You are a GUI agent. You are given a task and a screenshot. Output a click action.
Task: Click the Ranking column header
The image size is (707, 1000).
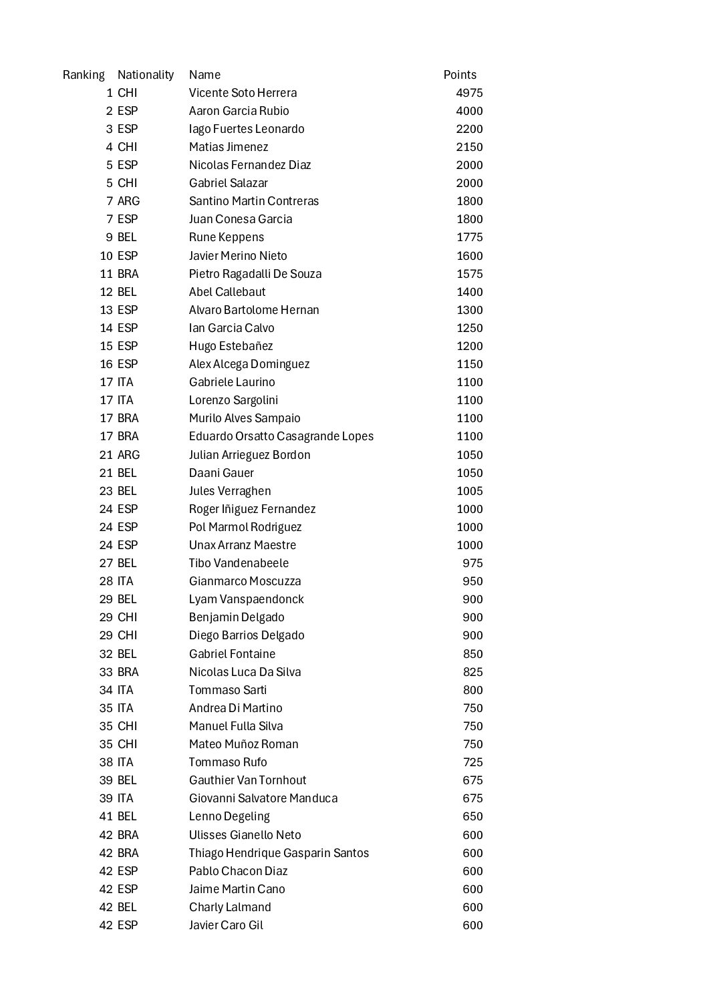tap(84, 75)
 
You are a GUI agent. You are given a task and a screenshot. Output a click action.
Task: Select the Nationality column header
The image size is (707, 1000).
tap(146, 75)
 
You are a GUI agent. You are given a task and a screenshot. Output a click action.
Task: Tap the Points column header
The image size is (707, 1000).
tap(460, 75)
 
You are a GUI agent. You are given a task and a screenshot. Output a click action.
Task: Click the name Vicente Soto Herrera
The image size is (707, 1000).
tap(243, 93)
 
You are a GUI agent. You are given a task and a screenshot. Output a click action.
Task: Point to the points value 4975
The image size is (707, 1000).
tap(469, 93)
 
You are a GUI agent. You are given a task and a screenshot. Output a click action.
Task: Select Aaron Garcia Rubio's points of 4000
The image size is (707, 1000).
tap(469, 111)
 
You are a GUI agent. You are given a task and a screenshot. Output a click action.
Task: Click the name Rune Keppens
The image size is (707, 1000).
tap(227, 237)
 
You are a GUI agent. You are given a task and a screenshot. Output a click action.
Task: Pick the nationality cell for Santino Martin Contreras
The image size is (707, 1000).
tap(128, 201)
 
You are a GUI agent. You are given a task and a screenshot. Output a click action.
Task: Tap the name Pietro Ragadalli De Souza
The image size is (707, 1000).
tap(255, 274)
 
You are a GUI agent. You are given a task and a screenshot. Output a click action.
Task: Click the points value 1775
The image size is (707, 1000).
tap(469, 237)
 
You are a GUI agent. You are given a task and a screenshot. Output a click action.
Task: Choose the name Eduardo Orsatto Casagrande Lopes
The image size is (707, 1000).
tap(281, 436)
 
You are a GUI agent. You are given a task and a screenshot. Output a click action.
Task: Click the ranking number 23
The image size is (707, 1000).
tap(106, 491)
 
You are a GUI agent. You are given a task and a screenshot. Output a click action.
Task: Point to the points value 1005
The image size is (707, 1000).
tap(469, 491)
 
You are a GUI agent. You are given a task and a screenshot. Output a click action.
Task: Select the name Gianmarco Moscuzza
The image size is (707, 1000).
tap(245, 581)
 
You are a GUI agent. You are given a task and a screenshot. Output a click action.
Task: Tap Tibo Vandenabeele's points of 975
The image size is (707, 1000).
tap(472, 563)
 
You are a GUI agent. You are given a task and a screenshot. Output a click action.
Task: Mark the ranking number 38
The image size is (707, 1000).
tap(106, 762)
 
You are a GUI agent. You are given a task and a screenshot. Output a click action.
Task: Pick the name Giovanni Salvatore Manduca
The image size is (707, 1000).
tap(263, 798)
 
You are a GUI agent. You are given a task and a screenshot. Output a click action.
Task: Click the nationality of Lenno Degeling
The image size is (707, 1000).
tap(127, 816)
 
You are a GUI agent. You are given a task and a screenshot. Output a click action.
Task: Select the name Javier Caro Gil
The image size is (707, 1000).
tap(226, 925)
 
